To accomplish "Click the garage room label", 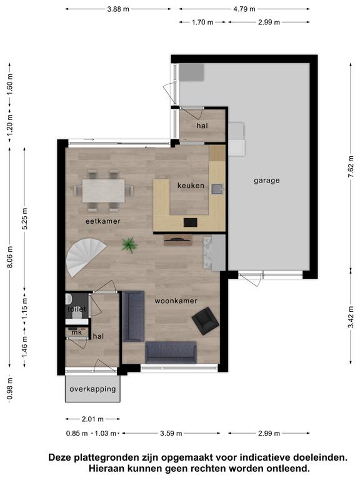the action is (267, 181).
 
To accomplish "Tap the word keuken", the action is (191, 186).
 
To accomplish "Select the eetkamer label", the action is (103, 221).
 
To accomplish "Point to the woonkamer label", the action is (176, 301).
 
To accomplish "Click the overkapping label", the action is (92, 389).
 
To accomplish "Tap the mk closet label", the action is (76, 332).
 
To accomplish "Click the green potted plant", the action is (129, 245).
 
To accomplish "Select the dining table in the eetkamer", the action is (104, 191).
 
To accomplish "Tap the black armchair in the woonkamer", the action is (205, 321).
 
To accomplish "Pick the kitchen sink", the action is (217, 189).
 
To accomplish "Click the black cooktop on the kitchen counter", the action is (191, 222).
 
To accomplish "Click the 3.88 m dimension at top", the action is (118, 9).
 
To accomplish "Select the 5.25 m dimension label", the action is (25, 219).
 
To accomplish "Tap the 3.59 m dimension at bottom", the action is (171, 433).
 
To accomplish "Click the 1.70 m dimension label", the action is (202, 22).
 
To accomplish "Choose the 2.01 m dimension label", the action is (92, 419).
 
